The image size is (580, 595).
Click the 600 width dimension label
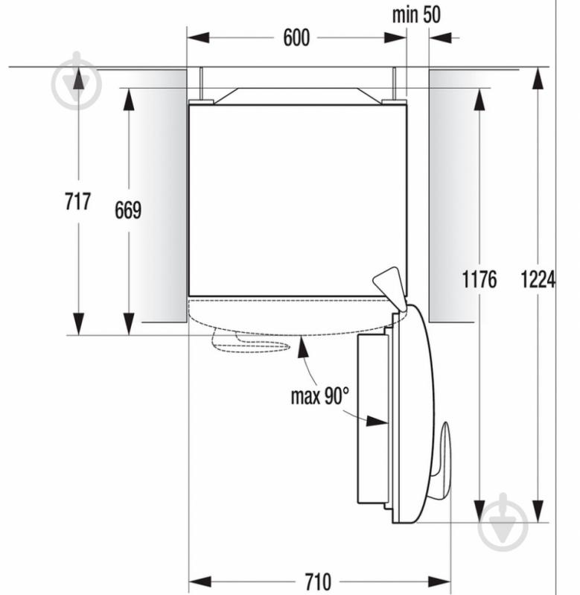coord(296,38)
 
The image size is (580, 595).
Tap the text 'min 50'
coord(415,14)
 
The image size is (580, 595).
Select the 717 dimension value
coord(77,201)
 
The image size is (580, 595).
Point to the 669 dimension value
coord(128,211)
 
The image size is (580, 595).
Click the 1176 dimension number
coord(479,280)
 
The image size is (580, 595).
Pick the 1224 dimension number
coord(538,280)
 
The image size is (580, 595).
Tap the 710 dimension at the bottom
coord(317,581)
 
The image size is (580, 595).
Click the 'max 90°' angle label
coord(319,395)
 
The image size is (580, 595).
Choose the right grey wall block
coord(450,195)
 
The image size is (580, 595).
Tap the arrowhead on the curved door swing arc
coord(302,343)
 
